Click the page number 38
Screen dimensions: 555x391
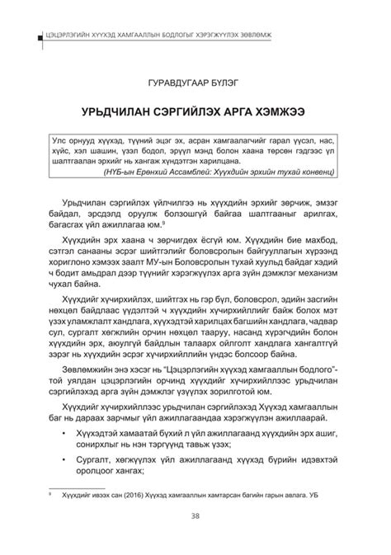(195, 518)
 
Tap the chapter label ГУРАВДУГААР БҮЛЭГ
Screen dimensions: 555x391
(195, 82)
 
